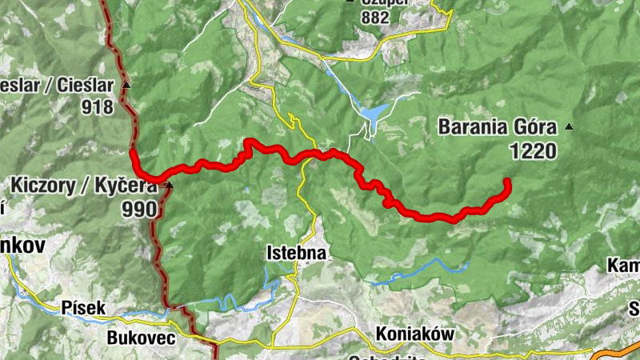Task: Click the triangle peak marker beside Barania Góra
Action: [569, 126]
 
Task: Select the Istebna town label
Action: [296, 253]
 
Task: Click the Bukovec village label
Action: [141, 338]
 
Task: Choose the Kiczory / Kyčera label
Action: [83, 186]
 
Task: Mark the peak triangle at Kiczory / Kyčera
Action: [169, 186]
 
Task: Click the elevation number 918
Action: [97, 106]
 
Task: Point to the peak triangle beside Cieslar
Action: [126, 83]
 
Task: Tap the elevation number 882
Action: [374, 17]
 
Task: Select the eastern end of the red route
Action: [507, 182]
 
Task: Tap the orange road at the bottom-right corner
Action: [616, 353]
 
